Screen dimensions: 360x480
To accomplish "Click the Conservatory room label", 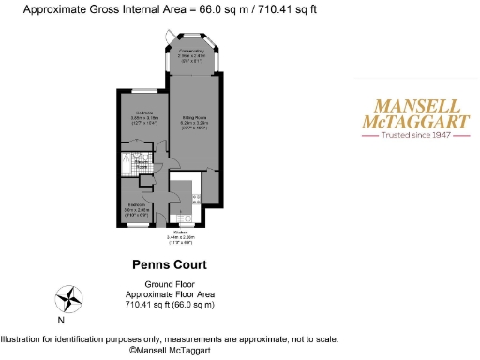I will pyautogui.click(x=191, y=51).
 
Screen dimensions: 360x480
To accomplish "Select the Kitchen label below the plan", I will pyautogui.click(x=180, y=231).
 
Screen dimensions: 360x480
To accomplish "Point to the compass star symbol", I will pyautogui.click(x=68, y=299).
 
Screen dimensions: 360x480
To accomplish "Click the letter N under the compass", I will pyautogui.click(x=61, y=320).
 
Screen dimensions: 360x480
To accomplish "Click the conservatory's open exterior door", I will pyautogui.click(x=167, y=38).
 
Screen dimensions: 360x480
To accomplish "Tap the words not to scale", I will pyautogui.click(x=312, y=339).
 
